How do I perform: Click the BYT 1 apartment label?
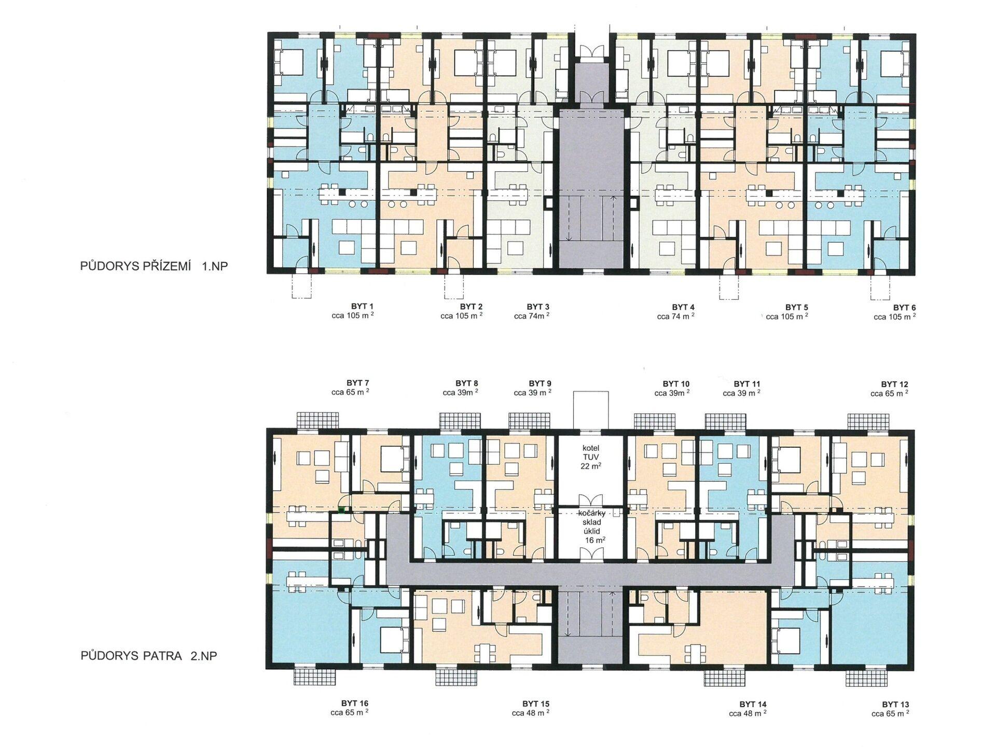tap(363, 306)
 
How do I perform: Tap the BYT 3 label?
tap(538, 307)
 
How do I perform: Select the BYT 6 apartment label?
tap(904, 308)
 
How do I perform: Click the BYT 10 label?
tap(676, 384)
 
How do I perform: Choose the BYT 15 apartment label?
tap(535, 704)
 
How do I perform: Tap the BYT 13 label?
tap(895, 704)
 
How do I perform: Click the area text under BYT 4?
tap(675, 316)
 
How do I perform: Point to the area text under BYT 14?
tap(748, 713)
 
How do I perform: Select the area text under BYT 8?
tap(460, 393)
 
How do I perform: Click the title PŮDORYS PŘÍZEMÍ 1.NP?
tap(154, 266)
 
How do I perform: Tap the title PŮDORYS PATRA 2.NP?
tap(148, 656)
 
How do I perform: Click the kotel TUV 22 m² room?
tap(591, 470)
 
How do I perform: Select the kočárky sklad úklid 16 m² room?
tap(591, 534)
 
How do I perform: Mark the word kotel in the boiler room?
tap(591, 448)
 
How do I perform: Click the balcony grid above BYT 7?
tap(317, 421)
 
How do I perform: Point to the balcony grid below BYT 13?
tap(866, 677)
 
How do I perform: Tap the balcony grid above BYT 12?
tap(869, 421)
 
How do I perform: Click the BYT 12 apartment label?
tap(894, 384)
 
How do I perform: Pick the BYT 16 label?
tap(355, 703)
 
